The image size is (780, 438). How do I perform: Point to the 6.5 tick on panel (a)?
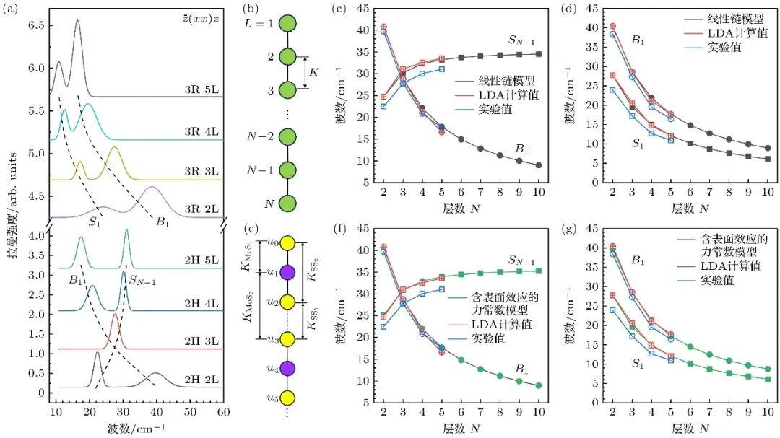coord(32,25)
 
